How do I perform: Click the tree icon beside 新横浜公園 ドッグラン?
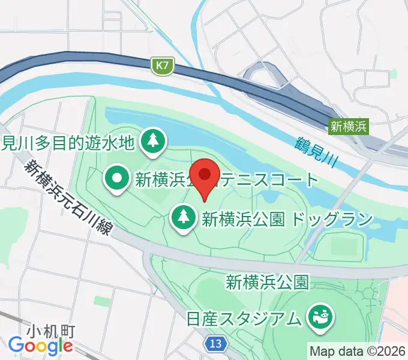point(183,218)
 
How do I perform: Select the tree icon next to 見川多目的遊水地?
point(153,142)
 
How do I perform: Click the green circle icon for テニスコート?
point(116,178)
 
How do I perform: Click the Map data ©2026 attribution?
point(357,350)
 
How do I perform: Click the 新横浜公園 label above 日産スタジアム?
point(267,281)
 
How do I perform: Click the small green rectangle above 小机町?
point(102,299)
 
